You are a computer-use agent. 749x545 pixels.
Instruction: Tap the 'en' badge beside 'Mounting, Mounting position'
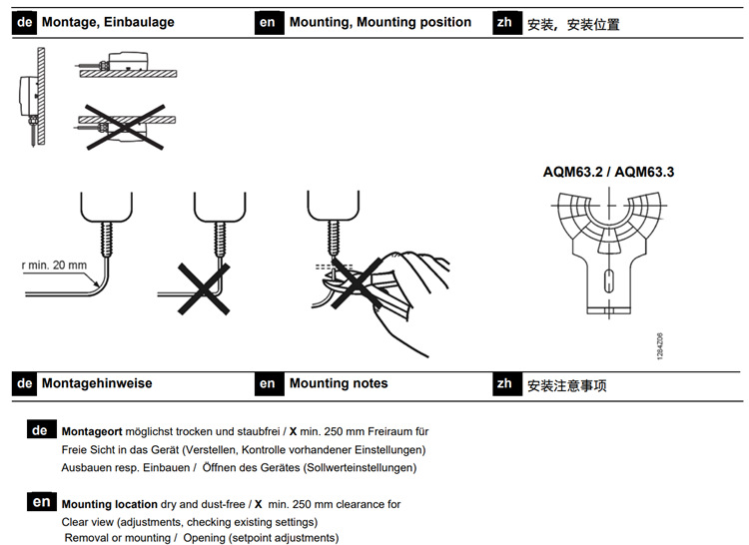click(x=268, y=22)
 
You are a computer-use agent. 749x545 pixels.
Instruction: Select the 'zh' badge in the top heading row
click(x=505, y=22)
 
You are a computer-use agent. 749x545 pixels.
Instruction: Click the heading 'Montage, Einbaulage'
click(x=108, y=22)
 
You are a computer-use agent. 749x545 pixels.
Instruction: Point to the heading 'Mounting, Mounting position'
click(x=379, y=22)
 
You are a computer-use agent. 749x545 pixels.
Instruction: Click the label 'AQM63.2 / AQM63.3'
click(x=608, y=172)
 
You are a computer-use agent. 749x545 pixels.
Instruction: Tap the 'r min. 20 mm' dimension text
click(x=56, y=266)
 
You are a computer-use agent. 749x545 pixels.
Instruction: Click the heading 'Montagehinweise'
click(x=97, y=383)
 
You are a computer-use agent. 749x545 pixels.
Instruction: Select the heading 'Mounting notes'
click(x=338, y=383)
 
